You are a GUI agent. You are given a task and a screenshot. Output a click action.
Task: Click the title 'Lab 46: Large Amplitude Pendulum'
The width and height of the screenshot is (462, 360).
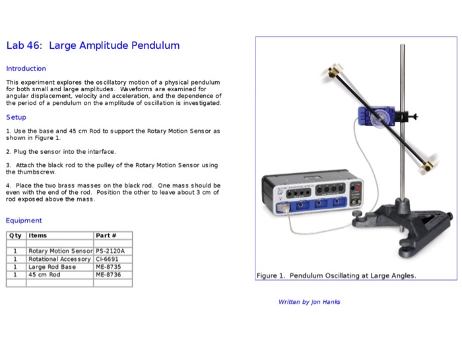93,46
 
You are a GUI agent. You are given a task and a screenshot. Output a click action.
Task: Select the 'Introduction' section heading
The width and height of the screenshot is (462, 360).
26,69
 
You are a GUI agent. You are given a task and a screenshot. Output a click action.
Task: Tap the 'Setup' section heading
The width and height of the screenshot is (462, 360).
16,117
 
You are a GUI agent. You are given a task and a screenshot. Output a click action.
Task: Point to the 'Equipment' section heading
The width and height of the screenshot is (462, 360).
24,221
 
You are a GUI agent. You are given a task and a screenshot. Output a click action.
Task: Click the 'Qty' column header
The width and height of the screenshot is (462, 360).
15,236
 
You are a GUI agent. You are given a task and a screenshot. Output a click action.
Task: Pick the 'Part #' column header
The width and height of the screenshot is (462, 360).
106,236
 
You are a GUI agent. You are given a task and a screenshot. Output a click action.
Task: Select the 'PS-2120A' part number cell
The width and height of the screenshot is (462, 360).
110,252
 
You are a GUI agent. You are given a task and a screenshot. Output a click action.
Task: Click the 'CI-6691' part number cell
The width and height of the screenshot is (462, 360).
107,259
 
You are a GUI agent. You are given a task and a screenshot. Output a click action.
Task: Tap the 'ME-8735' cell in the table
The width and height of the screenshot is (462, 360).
108,267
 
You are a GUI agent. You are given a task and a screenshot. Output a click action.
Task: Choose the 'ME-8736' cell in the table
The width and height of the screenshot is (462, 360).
108,275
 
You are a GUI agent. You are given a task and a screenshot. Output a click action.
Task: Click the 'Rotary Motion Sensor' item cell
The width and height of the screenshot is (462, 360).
60,252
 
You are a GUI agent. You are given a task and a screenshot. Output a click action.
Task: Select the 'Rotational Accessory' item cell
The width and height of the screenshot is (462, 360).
59,259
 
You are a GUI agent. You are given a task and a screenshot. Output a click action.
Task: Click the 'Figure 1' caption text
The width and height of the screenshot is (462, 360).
337,275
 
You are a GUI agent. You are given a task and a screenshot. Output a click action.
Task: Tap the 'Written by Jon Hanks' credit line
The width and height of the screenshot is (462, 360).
310,302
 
